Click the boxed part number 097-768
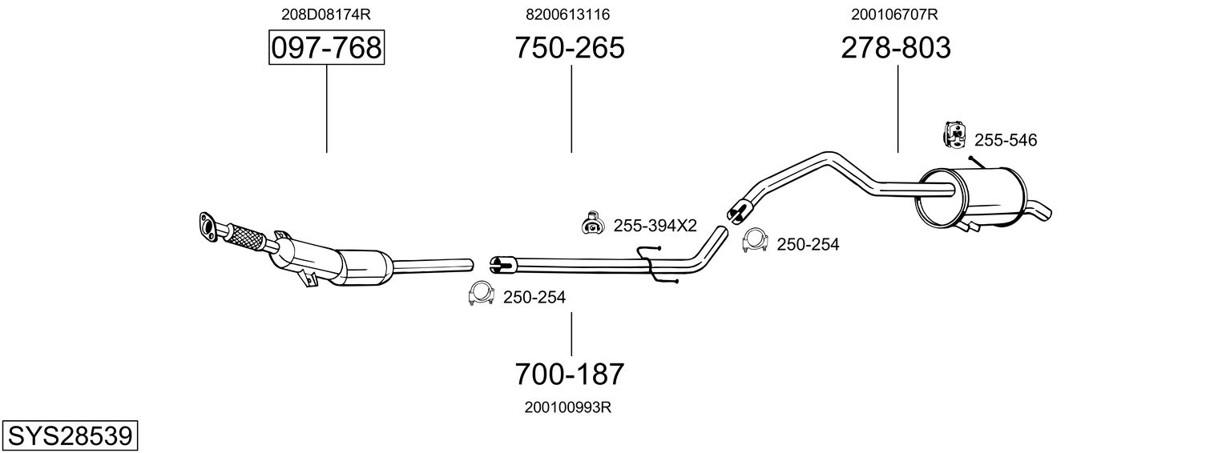click(326, 48)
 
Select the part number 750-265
click(570, 48)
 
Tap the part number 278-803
click(896, 48)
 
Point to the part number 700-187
click(570, 374)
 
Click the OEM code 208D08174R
click(326, 14)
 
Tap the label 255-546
click(1005, 141)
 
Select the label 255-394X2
click(655, 226)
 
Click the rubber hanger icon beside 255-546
click(955, 134)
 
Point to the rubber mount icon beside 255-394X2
click(592, 224)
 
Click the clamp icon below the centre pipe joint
click(480, 295)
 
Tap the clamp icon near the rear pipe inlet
click(753, 240)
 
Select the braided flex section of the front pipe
click(246, 237)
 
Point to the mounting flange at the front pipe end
click(208, 225)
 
